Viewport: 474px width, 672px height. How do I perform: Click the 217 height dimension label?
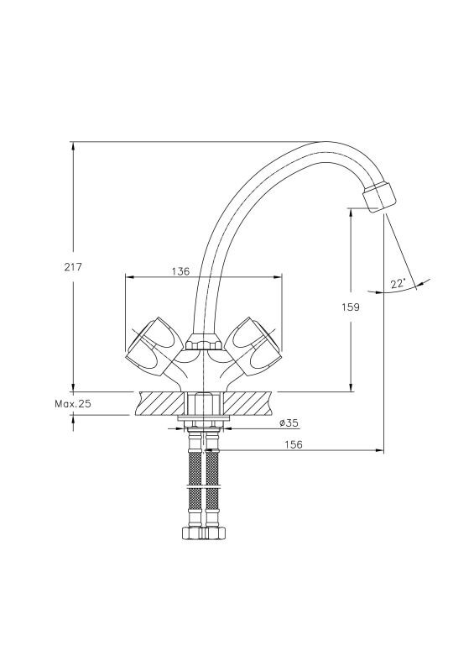pos(72,267)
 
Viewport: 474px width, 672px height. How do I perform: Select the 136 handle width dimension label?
pos(180,271)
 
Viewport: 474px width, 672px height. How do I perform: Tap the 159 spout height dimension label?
pos(351,307)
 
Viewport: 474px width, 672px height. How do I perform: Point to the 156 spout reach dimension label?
pos(294,444)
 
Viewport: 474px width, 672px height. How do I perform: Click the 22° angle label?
pos(398,283)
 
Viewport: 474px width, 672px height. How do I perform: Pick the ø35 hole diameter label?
pos(289,423)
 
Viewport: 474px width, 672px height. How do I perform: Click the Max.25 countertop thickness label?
pos(73,404)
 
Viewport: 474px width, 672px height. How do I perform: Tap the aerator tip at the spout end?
pos(379,197)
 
